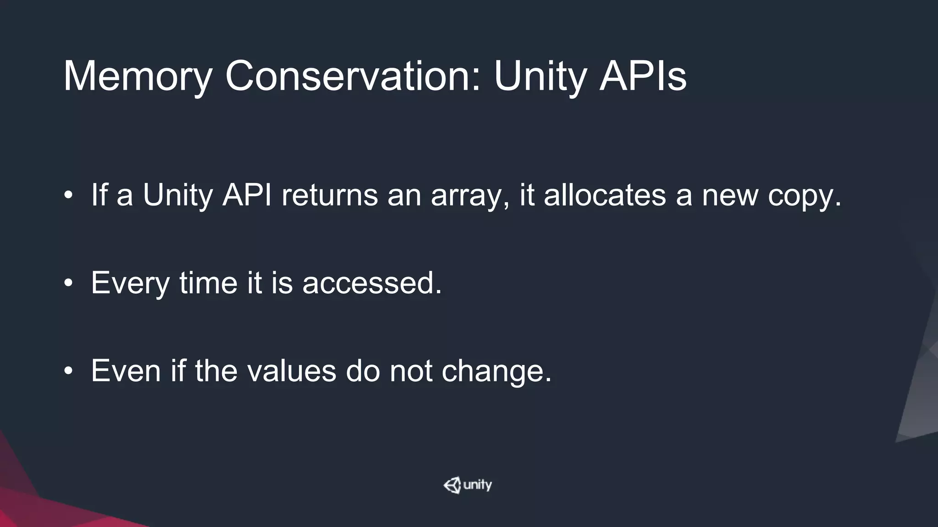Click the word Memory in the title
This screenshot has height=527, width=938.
pos(137,76)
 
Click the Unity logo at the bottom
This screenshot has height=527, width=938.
pos(468,485)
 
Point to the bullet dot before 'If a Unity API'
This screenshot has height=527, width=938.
pos(68,195)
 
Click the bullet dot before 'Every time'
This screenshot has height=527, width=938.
pos(68,283)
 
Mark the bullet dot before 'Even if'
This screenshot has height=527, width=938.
pos(68,371)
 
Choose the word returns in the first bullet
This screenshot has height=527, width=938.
pos(329,195)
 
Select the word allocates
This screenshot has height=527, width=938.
pos(605,195)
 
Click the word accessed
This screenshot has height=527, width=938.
pos(372,283)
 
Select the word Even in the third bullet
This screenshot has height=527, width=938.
pos(126,371)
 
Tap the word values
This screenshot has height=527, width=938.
pos(292,371)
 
